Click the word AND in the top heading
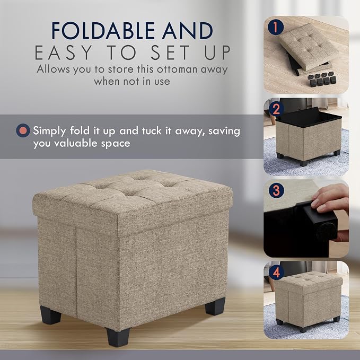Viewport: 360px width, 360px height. coord(188,31)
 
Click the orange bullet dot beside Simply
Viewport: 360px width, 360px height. coord(23,130)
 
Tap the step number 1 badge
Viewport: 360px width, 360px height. coord(276,27)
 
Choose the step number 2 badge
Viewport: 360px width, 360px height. coord(276,109)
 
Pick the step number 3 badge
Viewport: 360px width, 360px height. coord(276,190)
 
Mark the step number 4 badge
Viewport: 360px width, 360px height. coord(276,272)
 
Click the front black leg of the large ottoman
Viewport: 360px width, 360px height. coord(118,337)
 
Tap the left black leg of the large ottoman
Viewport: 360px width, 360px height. coord(50,315)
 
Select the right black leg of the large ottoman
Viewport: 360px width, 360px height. coord(215,306)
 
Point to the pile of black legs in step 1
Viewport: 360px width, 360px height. coord(321,79)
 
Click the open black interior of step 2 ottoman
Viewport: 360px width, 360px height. coord(309,118)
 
